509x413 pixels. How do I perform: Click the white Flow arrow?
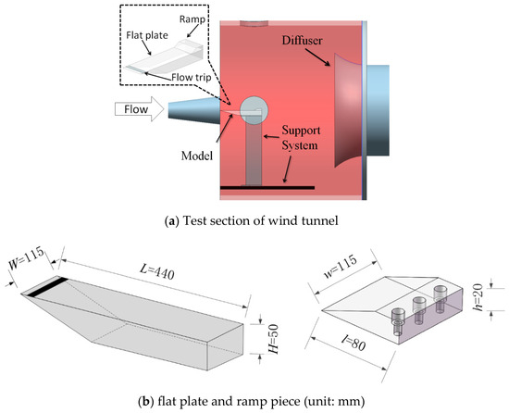click(x=140, y=109)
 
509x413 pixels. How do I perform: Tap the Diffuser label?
click(x=302, y=40)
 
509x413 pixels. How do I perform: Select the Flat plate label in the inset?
click(x=147, y=35)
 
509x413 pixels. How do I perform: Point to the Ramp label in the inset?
click(x=192, y=19)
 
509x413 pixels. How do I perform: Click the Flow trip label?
click(x=192, y=77)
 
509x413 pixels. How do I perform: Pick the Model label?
click(x=197, y=156)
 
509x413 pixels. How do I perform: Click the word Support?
click(x=301, y=131)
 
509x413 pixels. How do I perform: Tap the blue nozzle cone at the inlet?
click(x=193, y=110)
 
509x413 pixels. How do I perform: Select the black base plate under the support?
click(x=267, y=187)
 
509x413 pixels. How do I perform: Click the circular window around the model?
click(x=254, y=110)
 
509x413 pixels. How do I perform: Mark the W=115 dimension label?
click(x=26, y=258)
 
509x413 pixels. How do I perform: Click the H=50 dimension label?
click(x=274, y=339)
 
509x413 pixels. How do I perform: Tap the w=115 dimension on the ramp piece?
click(x=341, y=267)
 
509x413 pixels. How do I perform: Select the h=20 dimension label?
click(x=478, y=297)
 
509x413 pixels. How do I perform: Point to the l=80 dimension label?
click(x=354, y=343)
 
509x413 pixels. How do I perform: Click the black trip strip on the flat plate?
click(x=47, y=287)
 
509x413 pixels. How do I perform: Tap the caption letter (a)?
click(x=171, y=221)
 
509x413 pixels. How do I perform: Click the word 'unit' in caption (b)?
click(x=317, y=402)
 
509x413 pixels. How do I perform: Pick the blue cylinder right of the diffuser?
click(x=379, y=110)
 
